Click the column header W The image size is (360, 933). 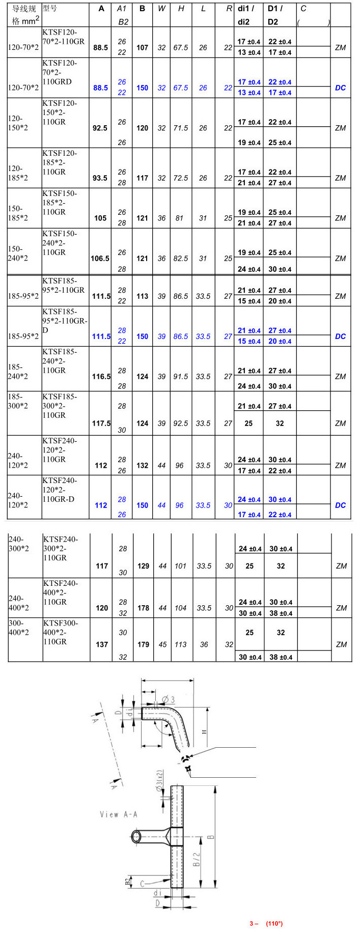point(161,9)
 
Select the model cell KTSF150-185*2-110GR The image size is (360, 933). point(60,203)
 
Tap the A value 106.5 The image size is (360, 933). point(100,259)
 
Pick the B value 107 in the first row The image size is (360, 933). point(142,48)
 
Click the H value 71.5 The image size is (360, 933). point(181,128)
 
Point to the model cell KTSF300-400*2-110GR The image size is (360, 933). point(61,632)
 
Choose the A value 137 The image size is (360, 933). point(102,644)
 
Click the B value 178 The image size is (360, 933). point(143,608)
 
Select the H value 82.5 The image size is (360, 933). point(181,259)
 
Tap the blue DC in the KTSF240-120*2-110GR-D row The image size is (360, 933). point(340,505)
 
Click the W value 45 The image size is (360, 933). point(162,644)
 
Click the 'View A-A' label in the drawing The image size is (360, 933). point(119,814)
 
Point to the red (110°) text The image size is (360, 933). point(274,923)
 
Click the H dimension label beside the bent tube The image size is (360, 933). point(204,732)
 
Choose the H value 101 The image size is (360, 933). point(181,566)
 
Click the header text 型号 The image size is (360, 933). point(50,9)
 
